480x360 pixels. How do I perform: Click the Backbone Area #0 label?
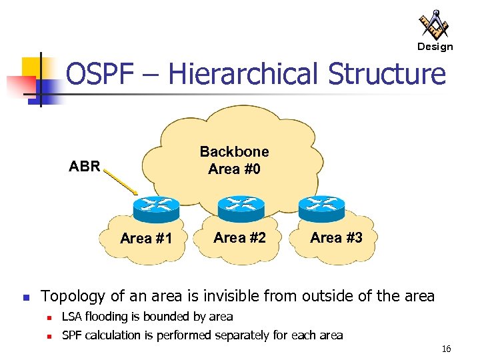click(234, 160)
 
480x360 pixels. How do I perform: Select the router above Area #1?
click(155, 209)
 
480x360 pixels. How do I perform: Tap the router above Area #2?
click(241, 208)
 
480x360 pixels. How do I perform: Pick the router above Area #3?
click(321, 208)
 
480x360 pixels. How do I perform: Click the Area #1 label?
click(146, 239)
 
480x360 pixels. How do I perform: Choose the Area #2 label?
click(239, 237)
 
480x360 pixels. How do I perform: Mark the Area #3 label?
click(336, 237)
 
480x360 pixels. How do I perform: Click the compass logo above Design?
click(434, 25)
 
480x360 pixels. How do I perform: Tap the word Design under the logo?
click(435, 47)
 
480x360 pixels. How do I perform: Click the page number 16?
click(446, 349)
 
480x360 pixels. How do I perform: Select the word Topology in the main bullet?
click(72, 296)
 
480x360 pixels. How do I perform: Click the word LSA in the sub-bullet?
click(72, 316)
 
